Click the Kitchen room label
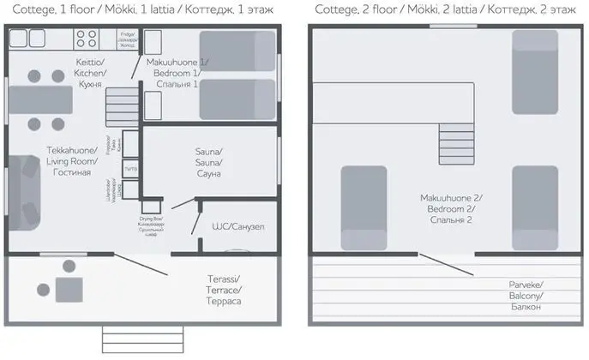(x=89, y=74)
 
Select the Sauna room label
(x=208, y=162)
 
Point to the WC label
(x=237, y=227)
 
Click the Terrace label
(x=224, y=291)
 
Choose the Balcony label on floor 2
(x=525, y=295)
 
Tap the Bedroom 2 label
(x=447, y=208)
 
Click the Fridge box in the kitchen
(x=128, y=39)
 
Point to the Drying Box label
(x=152, y=225)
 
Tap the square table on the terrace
(x=69, y=286)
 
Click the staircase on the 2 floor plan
(x=455, y=137)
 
